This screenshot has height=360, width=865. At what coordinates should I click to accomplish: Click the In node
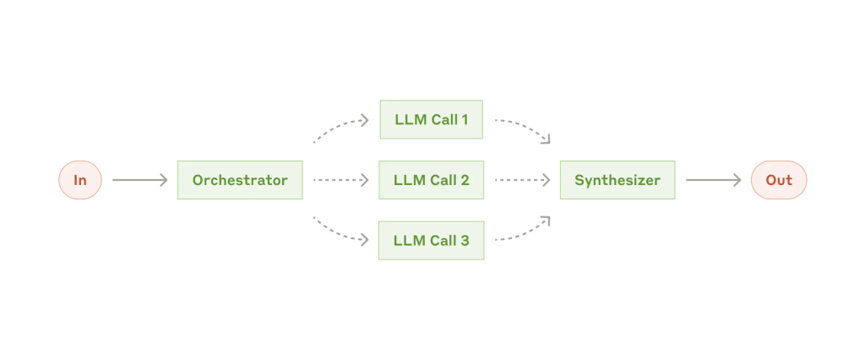click(x=80, y=180)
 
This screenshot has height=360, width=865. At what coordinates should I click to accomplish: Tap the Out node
click(x=779, y=180)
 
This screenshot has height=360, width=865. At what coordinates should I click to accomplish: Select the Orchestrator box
click(x=240, y=180)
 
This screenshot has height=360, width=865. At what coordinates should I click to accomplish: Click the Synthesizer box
click(x=617, y=180)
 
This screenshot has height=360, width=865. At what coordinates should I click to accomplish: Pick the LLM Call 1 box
click(x=432, y=119)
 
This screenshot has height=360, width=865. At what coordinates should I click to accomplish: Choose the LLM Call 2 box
click(x=432, y=180)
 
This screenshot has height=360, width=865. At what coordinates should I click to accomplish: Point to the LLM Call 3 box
click(x=432, y=241)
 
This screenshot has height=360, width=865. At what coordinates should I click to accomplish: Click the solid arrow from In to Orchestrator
click(x=139, y=180)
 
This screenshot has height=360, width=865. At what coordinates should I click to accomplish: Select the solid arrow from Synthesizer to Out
click(x=713, y=180)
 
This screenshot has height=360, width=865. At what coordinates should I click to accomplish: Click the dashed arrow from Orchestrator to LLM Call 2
click(x=340, y=180)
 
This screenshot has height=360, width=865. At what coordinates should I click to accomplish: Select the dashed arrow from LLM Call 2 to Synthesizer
click(x=522, y=180)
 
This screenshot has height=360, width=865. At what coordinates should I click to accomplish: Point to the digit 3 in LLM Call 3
click(x=465, y=241)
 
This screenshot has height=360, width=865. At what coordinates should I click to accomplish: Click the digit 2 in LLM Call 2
click(x=465, y=180)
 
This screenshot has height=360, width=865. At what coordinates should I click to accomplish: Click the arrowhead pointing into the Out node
click(x=737, y=180)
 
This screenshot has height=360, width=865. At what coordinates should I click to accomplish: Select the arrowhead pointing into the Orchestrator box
click(x=163, y=180)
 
